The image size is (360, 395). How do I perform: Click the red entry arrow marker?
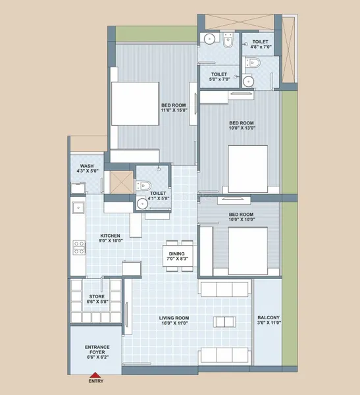pos(95,375)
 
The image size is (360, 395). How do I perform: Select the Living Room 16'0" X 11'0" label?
pos(174,321)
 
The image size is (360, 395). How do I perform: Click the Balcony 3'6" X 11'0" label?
pos(269,320)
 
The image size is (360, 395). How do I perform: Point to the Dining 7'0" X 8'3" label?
pos(177,256)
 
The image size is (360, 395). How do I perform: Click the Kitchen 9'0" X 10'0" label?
pos(111,238)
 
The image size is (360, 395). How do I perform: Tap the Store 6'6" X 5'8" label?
pos(97,299)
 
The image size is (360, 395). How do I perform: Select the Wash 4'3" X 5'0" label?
pos(87,169)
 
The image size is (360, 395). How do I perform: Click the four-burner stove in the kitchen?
pos(79,248)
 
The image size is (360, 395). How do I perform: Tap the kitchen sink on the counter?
pos(78,207)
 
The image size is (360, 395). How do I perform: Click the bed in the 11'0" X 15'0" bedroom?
pos(136,103)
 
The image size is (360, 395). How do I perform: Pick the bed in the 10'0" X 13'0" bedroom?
pos(248,169)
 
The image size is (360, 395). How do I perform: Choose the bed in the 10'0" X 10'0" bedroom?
pos(248,251)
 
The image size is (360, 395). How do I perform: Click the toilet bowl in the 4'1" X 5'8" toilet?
pos(143,186)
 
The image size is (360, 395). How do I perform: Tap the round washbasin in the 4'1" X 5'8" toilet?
pos(142,203)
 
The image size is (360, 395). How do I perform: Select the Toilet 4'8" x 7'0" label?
pos(261,44)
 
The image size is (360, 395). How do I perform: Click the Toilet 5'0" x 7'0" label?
pos(219,76)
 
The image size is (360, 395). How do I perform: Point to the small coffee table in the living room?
pos(224,322)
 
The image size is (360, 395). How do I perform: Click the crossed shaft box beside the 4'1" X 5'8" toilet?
pos(122,182)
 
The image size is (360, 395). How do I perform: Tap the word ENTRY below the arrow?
pos(95,381)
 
